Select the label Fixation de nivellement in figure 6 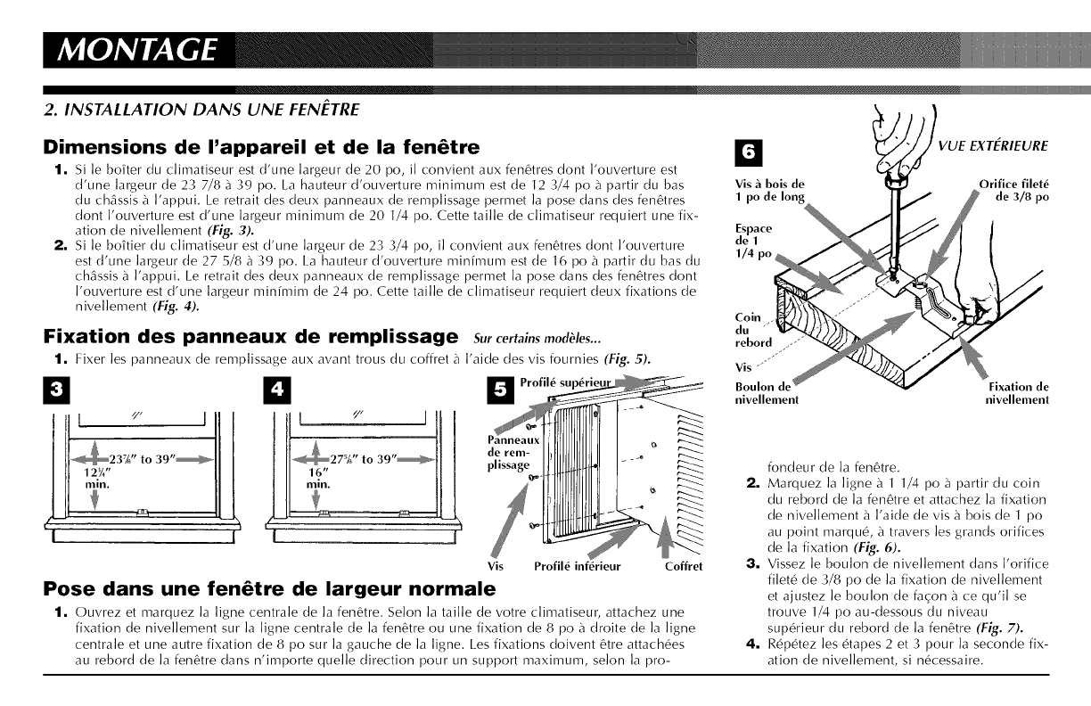(1018, 393)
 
